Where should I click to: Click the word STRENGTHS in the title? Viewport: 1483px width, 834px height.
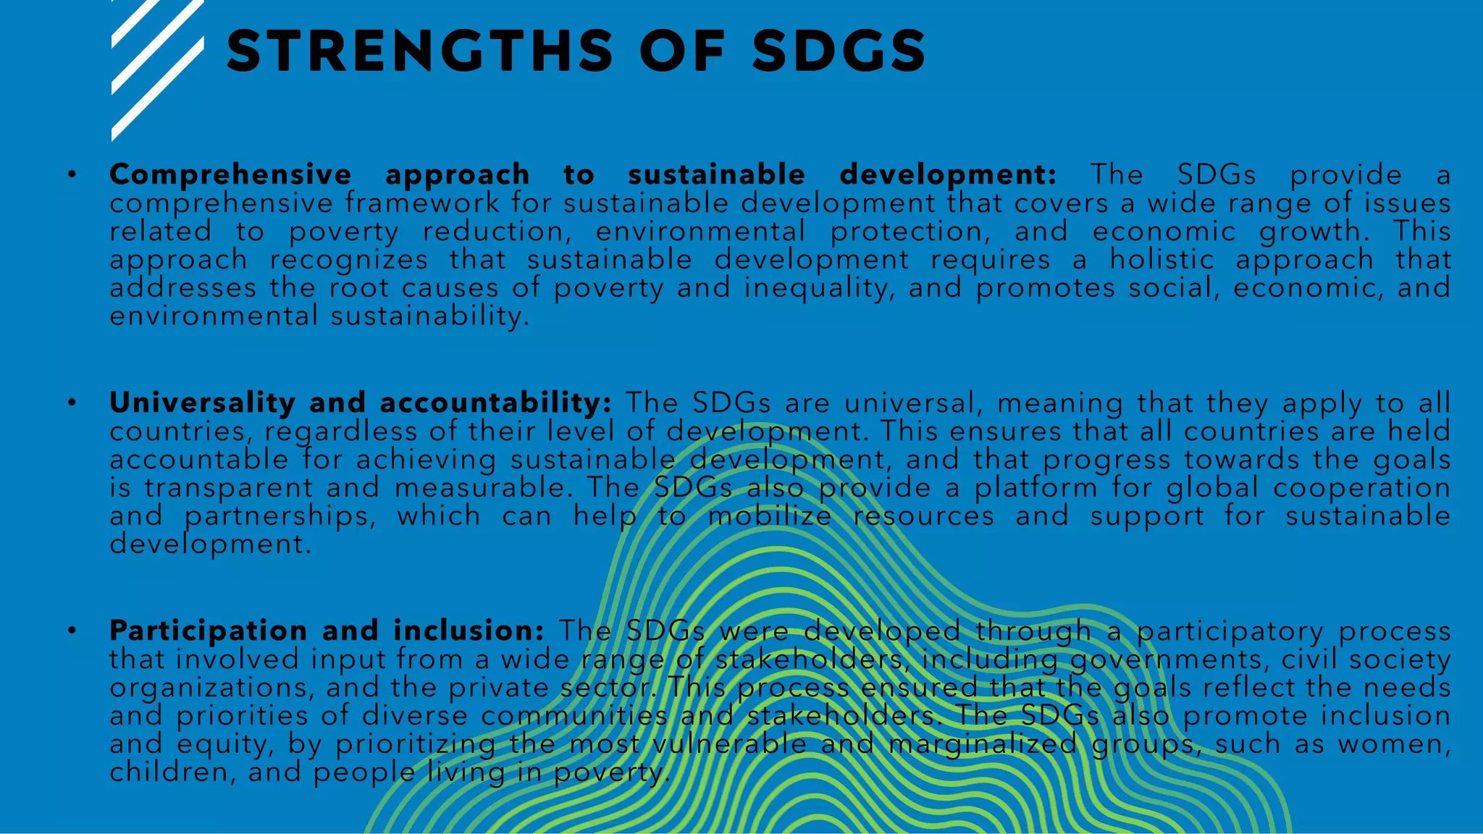point(420,51)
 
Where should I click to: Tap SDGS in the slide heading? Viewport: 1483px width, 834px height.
point(839,51)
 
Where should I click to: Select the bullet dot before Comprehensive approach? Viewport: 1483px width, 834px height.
point(72,174)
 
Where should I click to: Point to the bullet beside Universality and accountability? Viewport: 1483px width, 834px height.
point(72,403)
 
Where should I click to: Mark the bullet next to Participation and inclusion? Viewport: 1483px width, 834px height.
point(72,631)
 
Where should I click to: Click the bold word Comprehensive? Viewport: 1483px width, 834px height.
point(230,174)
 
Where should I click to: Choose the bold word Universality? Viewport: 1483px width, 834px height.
point(202,403)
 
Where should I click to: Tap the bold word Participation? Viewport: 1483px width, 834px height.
point(209,631)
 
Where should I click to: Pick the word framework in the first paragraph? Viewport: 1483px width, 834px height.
point(422,203)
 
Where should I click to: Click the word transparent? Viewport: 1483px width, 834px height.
point(228,487)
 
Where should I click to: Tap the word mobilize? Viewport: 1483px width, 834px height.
point(770,515)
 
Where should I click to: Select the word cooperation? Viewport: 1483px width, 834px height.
point(1362,487)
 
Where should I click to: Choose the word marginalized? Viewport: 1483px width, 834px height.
point(983,744)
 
